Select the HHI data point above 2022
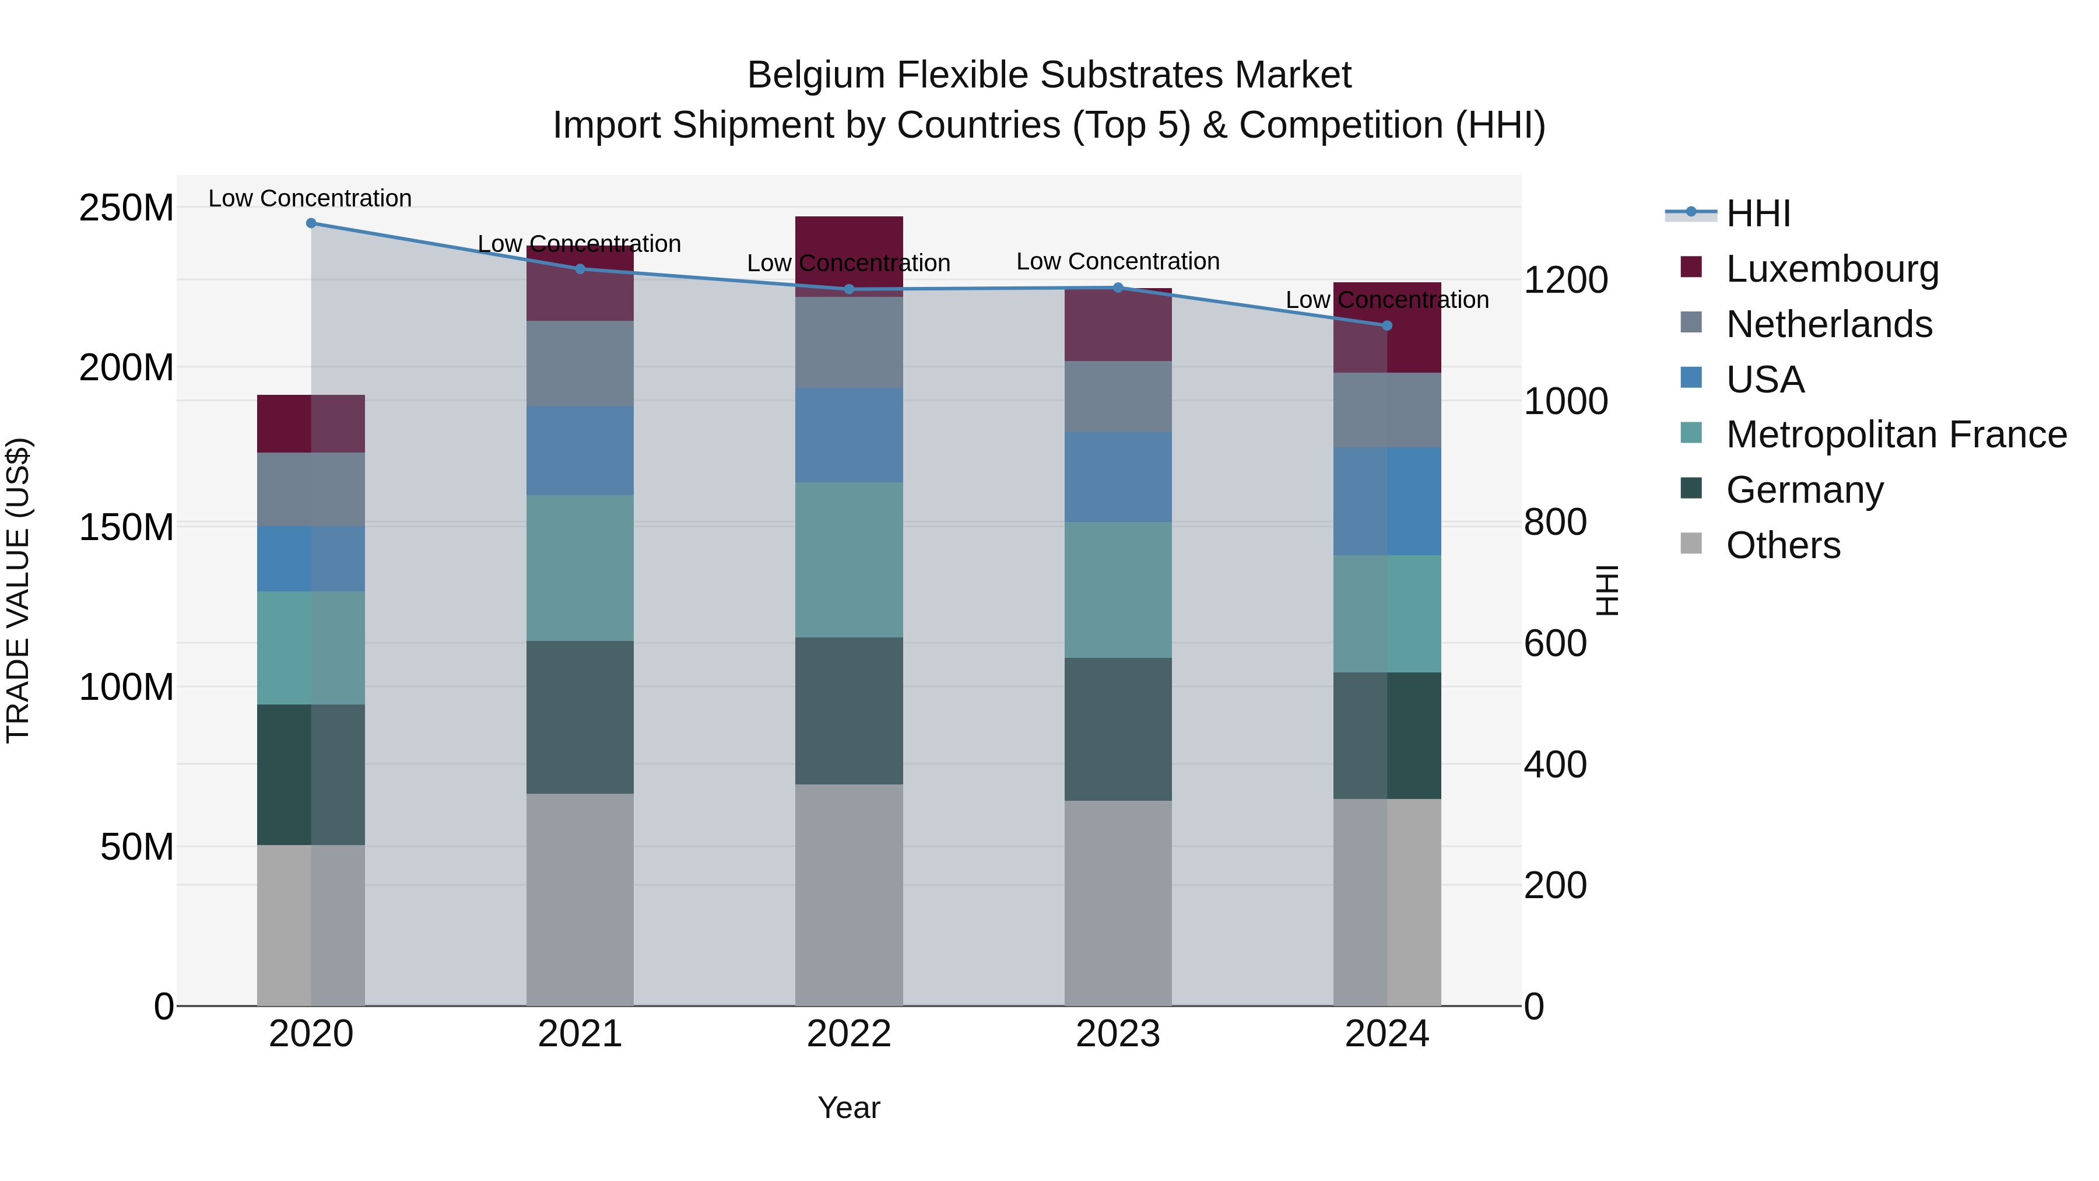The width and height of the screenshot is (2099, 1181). click(849, 289)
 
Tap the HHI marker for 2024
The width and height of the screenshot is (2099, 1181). click(1387, 326)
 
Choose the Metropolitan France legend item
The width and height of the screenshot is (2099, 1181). click(1896, 434)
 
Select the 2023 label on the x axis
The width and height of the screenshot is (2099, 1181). click(1117, 1034)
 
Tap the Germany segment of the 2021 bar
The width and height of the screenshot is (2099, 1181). click(580, 717)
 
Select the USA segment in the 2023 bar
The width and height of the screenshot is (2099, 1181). click(1117, 478)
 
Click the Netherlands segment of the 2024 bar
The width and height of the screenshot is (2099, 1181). click(1387, 410)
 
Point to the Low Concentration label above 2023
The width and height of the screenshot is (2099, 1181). click(1117, 262)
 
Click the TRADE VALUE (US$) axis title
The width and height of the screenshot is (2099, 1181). click(18, 590)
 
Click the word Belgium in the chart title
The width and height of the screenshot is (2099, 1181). click(816, 75)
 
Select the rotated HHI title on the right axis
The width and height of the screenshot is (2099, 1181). click(1606, 590)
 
